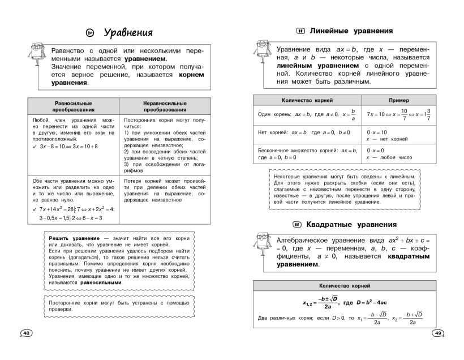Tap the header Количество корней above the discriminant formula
click(x=345, y=286)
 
